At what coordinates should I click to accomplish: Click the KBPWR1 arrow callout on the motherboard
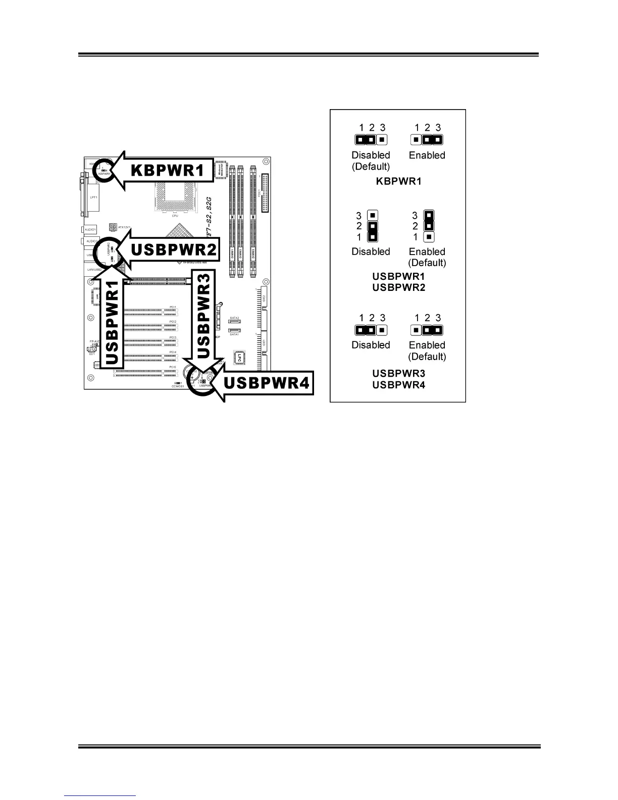[167, 171]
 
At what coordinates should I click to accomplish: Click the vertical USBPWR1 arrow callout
[113, 323]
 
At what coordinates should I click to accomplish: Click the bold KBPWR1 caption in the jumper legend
[398, 181]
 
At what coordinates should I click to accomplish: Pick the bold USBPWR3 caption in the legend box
[398, 373]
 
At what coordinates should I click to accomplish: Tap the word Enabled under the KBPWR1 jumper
[427, 155]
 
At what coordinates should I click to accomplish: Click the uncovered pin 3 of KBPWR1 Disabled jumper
[382, 139]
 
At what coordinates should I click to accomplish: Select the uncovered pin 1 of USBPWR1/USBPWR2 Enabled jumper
[428, 236]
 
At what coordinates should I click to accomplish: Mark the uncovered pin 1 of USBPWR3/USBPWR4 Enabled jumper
[416, 330]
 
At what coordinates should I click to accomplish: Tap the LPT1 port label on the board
[94, 197]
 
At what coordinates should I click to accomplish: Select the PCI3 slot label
[173, 337]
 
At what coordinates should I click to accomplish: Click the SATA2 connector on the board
[234, 321]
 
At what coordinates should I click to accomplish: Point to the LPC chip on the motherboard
[239, 358]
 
